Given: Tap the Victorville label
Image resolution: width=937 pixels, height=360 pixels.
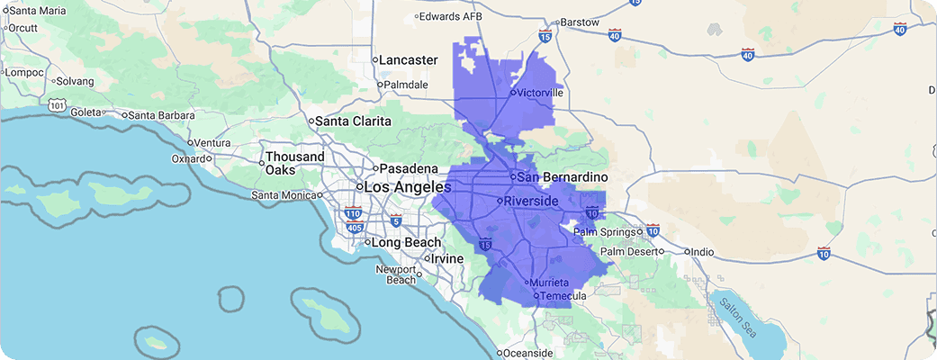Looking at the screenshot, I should point(539,92).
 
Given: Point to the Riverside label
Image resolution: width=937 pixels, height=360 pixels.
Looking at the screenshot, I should point(532,201).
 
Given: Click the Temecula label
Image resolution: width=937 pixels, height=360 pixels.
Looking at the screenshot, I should point(563,295).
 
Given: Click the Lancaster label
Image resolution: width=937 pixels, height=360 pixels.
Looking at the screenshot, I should point(407,59).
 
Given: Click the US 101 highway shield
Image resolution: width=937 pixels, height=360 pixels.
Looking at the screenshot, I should point(58,105).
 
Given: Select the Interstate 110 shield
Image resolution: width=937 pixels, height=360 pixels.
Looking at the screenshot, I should point(353,214).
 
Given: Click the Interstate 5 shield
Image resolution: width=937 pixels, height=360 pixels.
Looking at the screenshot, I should point(396,220).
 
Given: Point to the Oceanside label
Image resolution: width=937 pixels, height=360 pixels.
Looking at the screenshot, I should point(530,352).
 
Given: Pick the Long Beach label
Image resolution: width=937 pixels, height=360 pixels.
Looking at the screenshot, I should point(407,242).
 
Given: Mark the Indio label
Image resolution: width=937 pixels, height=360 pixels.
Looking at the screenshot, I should point(702,252).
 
